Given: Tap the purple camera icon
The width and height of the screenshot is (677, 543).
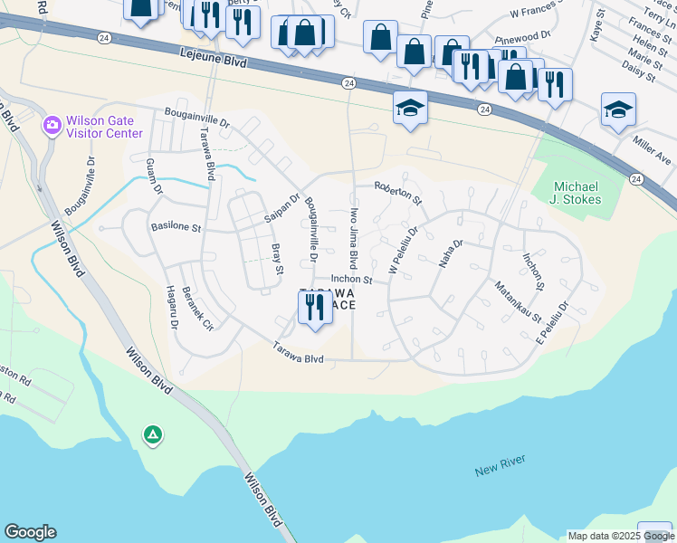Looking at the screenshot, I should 52,124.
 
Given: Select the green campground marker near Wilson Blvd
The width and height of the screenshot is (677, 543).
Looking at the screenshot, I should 153,436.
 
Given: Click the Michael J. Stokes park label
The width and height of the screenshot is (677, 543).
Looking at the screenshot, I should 577,193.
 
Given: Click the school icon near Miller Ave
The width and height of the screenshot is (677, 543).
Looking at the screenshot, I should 618,110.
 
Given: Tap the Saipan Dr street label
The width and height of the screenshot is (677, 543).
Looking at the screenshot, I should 281,209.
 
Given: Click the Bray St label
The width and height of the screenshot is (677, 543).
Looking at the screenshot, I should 277,258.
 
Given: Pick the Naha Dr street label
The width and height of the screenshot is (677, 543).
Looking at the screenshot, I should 451,254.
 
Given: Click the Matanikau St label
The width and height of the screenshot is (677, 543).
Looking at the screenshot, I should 517,302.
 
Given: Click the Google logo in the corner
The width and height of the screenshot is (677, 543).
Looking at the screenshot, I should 30,532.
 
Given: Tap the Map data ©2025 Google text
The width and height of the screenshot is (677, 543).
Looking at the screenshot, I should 621,536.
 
